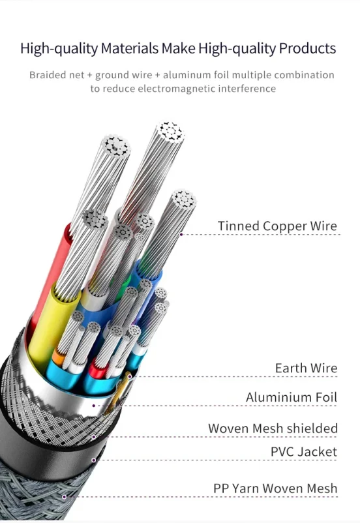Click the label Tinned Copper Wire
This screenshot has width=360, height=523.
tap(277, 226)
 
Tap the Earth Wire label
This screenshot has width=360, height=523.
tap(306, 368)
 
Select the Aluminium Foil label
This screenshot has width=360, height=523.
tap(292, 397)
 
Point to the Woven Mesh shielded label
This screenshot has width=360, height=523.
tap(273, 428)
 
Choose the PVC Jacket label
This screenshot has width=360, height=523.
tap(304, 452)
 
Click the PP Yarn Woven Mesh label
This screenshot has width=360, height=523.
tap(275, 488)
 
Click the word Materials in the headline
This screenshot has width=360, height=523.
tap(129, 48)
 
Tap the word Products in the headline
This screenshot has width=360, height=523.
tap(307, 48)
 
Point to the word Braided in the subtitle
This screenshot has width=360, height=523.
tap(48, 75)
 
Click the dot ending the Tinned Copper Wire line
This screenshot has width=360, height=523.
tap(181, 235)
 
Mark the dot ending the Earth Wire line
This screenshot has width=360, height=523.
tap(129, 376)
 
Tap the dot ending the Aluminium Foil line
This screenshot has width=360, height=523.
tap(94, 406)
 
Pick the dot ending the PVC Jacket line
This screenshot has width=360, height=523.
tap(94, 460)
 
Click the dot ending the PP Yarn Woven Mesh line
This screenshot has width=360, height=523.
tap(64, 497)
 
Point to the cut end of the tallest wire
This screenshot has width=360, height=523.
tap(170, 132)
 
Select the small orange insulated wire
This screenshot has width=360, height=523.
tap(59, 357)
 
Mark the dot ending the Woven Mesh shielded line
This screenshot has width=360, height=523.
tap(94, 437)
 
